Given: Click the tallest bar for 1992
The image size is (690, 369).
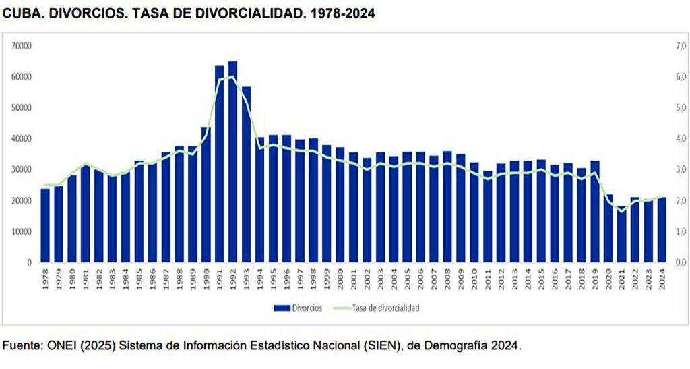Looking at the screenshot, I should pos(232,162).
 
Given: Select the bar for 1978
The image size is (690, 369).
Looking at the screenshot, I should pos(45,225).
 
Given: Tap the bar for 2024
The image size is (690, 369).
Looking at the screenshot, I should pos(662,229).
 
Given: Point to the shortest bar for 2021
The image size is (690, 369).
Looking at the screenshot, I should pos(621,234).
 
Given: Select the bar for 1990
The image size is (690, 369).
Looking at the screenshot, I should pos(206,195).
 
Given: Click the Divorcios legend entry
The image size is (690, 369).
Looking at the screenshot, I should pos(299,307).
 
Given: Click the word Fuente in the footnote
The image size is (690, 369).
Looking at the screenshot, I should pos(22,345).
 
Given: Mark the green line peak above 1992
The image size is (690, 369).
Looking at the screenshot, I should pos(232,76).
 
